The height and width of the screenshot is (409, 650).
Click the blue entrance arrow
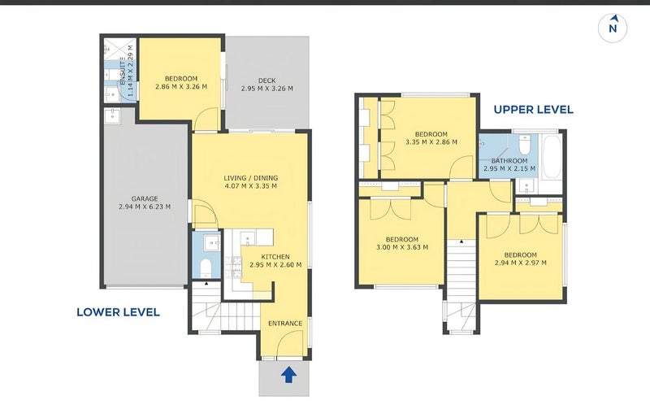click(x=289, y=375)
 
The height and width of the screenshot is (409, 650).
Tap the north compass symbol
click(x=613, y=28)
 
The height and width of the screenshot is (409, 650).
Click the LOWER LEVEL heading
click(x=118, y=312)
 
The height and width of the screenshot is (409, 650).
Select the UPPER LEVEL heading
click(x=534, y=110)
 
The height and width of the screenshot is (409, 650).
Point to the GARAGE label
click(x=145, y=198)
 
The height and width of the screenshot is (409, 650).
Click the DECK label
click(x=267, y=80)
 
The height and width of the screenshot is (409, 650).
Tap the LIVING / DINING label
click(x=251, y=178)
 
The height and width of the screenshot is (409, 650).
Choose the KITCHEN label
click(x=275, y=257)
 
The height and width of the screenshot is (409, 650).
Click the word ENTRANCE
click(x=285, y=323)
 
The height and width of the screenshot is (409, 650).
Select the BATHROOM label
click(x=509, y=160)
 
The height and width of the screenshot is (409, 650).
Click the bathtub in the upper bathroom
click(x=552, y=156)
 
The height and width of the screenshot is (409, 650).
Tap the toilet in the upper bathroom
click(x=525, y=142)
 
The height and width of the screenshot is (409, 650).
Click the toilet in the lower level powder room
click(x=206, y=268)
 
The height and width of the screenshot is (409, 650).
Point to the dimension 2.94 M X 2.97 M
click(x=521, y=263)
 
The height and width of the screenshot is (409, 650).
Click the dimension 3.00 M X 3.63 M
click(x=402, y=247)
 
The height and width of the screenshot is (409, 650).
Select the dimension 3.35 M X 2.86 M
click(x=431, y=141)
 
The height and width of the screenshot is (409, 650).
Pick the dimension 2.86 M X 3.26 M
click(x=181, y=87)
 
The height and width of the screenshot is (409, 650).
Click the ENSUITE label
click(x=123, y=71)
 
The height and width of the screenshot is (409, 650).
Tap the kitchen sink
click(x=249, y=238)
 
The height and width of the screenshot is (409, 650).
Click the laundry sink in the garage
click(x=112, y=116)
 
